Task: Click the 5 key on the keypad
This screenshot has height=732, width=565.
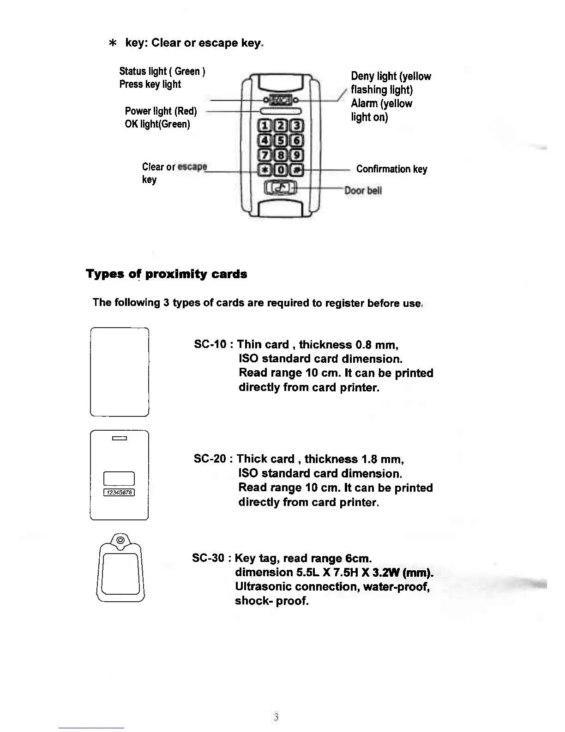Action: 280,140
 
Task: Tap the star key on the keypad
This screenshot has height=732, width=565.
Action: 265,170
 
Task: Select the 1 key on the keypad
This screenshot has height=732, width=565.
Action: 265,126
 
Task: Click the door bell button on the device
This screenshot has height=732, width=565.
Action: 280,188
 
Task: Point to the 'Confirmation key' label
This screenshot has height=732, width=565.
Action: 391,169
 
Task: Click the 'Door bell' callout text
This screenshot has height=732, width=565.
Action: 364,190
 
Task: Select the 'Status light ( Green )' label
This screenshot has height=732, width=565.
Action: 162,71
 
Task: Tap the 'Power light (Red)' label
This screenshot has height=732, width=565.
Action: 161,111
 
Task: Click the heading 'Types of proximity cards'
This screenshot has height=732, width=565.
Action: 166,274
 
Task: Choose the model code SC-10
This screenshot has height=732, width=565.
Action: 210,345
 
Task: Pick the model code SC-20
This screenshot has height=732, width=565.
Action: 210,459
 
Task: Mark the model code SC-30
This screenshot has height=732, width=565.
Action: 208,558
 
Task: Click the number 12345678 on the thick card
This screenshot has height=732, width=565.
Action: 119,493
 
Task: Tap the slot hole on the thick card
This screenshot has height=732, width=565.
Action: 119,438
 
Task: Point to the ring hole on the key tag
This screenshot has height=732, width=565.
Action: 120,539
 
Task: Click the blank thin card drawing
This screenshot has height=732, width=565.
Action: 119,372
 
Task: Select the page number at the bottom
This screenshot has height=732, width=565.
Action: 276,717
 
